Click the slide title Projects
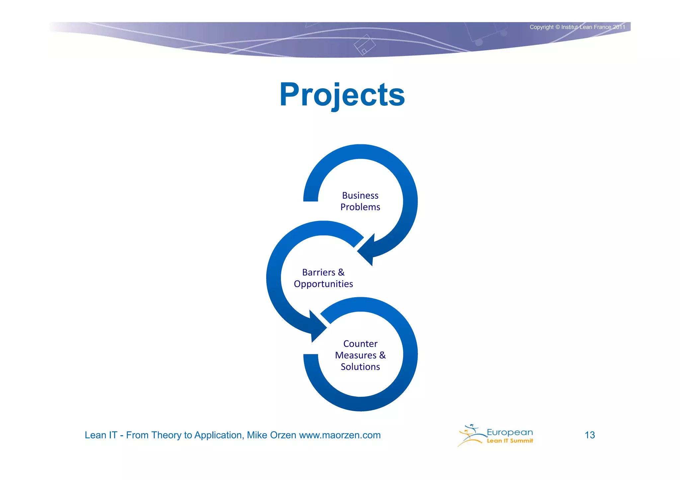pos(342,95)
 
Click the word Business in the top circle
pos(360,195)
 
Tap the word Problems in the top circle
pos(360,207)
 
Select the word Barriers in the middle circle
pos(318,272)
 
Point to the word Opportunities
pos(323,284)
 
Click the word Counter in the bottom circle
pos(360,344)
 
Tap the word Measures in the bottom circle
pos(356,355)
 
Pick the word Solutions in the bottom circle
pos(360,367)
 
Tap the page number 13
pos(590,435)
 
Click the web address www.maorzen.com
pos(340,435)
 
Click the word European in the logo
pos(510,432)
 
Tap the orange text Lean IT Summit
pos(510,441)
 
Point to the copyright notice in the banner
pos(577,27)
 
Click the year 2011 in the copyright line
pos(619,27)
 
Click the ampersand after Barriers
pos(341,272)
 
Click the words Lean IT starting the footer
pos(101,435)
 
